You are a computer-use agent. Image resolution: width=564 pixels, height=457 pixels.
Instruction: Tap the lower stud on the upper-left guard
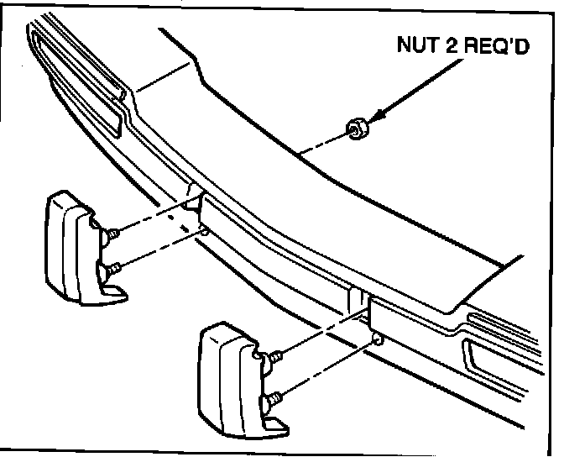(x=112, y=268)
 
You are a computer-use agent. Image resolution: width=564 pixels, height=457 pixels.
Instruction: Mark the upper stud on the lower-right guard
(x=274, y=358)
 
